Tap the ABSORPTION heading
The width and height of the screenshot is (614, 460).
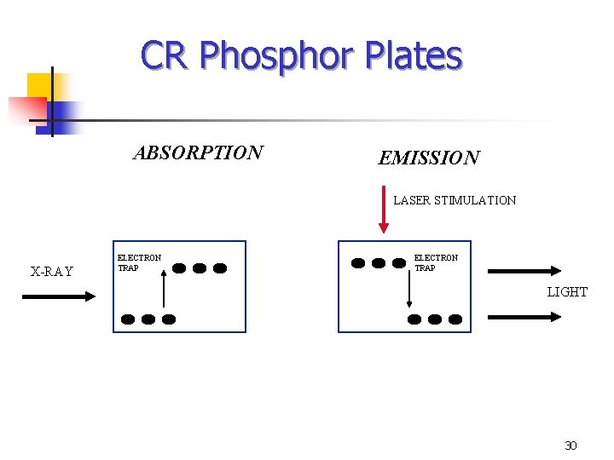pos(198,153)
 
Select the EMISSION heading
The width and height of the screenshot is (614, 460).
pos(429,158)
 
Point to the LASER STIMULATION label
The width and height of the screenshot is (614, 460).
pos(455,201)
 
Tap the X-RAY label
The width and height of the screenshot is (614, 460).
pos(52,272)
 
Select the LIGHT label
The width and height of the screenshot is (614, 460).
pos(567,292)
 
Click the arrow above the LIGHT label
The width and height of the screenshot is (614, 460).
pos(524,272)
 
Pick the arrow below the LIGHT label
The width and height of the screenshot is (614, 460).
pos(524,316)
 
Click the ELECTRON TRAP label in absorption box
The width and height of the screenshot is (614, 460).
pos(139,262)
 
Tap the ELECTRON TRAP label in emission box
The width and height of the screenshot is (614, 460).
pos(436,262)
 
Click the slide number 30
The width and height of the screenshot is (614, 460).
pos(571,446)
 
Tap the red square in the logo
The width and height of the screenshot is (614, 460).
pos(26,109)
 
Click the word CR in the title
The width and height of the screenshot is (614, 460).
pos(165,56)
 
